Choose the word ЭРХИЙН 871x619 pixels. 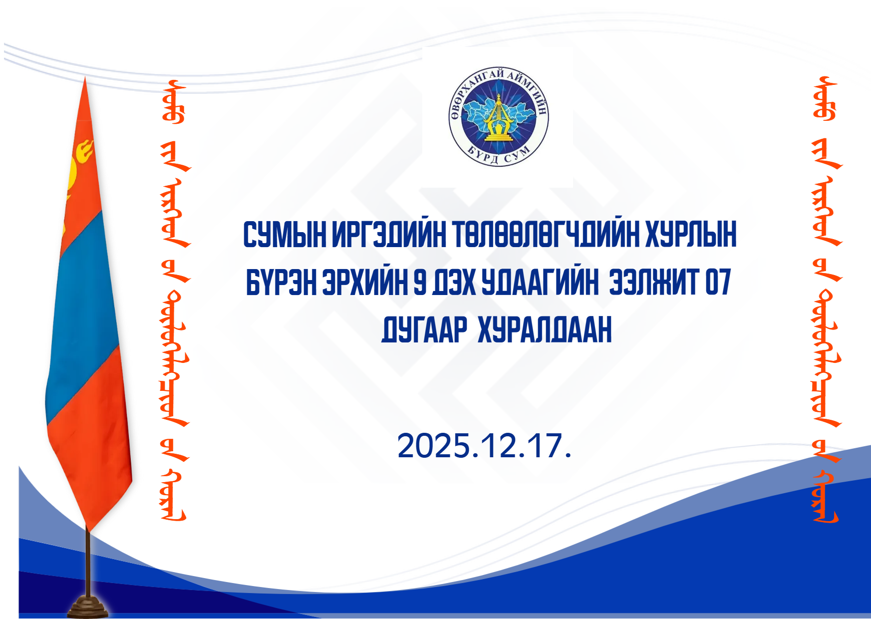tap(365, 282)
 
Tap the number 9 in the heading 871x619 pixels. tap(420, 282)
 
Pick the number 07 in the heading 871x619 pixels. tap(718, 282)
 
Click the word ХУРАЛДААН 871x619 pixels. tap(545, 330)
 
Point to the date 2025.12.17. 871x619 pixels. tap(484, 445)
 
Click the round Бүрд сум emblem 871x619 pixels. tap(498, 117)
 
